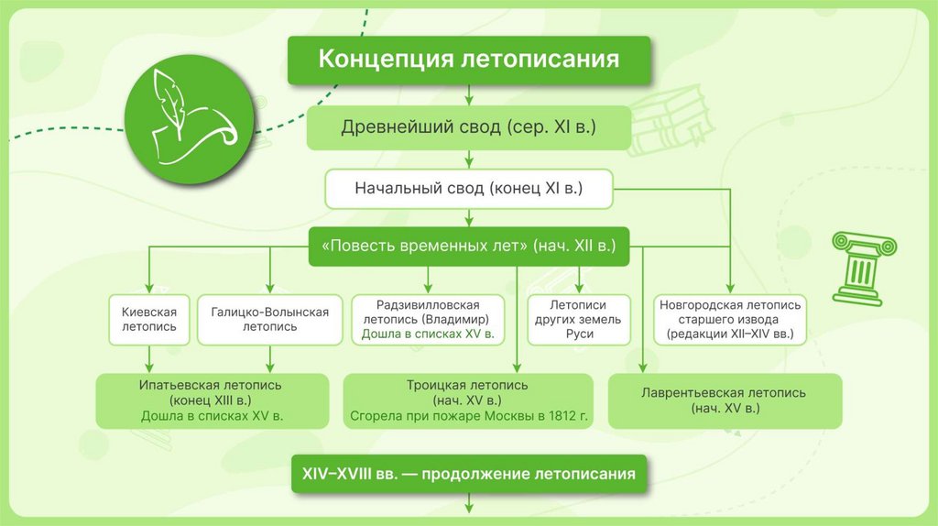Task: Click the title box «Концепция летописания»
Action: (469, 60)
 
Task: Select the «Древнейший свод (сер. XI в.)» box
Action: (469, 127)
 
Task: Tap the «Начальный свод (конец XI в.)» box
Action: (469, 190)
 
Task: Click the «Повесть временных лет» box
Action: (469, 247)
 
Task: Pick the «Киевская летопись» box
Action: (148, 319)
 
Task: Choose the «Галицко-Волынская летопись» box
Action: (269, 319)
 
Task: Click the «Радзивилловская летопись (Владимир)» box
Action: (428, 319)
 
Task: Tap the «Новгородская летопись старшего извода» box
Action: (730, 319)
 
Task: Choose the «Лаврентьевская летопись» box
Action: (723, 400)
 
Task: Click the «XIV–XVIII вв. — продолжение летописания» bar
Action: (469, 475)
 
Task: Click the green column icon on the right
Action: (861, 267)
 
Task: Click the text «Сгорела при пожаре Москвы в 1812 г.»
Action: (467, 416)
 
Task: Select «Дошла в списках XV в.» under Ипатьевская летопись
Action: (212, 416)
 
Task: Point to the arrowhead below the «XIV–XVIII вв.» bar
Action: (469, 506)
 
